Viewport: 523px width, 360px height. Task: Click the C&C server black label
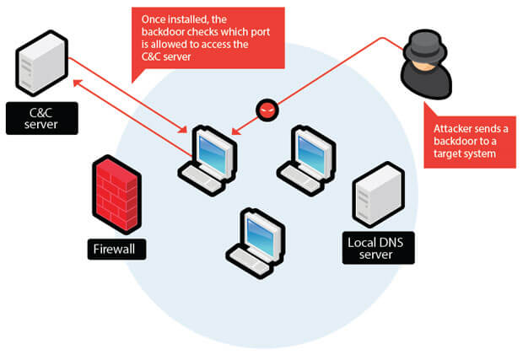click(42, 118)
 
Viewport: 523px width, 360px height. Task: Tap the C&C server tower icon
click(41, 63)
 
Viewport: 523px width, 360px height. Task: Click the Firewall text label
click(117, 249)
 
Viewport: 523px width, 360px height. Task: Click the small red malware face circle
click(267, 110)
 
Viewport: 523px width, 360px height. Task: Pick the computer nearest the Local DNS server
click(304, 156)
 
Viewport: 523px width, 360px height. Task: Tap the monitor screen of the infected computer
click(211, 147)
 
